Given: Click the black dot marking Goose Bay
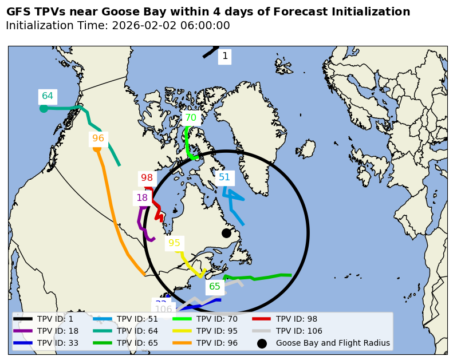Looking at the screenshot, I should tap(226, 233).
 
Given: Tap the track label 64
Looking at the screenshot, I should tap(48, 96).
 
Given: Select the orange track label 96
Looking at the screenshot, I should tap(98, 139).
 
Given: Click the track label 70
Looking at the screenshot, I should tap(191, 118).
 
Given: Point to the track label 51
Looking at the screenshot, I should tap(224, 177).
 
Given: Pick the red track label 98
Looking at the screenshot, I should tap(147, 178).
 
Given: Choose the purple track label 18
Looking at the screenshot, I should tap(142, 198).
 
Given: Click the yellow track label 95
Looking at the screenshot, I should tap(175, 243).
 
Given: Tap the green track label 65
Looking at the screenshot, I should tap(215, 287).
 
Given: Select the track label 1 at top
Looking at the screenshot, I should tap(225, 56).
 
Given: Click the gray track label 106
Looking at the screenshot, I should tap(163, 310).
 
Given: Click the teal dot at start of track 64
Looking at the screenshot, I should tap(44, 109).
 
